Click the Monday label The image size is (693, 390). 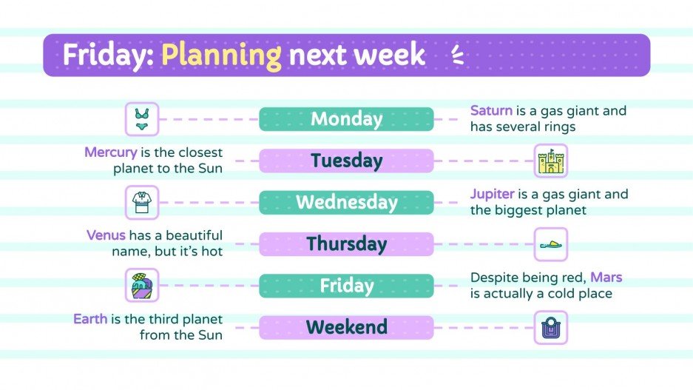[x=346, y=119]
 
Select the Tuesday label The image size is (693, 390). [x=346, y=161]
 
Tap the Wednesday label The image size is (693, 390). [x=346, y=202]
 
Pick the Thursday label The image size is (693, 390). [x=346, y=243]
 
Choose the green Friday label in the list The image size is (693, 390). [x=346, y=286]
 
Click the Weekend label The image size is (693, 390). [x=346, y=327]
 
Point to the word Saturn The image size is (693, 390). [x=491, y=111]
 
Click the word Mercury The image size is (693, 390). [x=110, y=152]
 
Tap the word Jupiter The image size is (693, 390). [x=493, y=195]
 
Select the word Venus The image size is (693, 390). [x=106, y=236]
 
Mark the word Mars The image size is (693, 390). [x=606, y=278]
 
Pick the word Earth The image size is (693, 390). [x=90, y=320]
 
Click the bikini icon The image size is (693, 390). [x=141, y=119]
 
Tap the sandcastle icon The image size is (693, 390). [x=551, y=161]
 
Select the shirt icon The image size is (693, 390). [x=141, y=202]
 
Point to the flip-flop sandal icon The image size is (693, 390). [x=551, y=244]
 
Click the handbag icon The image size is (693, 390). [x=551, y=327]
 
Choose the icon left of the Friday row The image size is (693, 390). [x=141, y=286]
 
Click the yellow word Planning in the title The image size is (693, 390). [x=221, y=55]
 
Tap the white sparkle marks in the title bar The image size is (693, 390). [x=457, y=55]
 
